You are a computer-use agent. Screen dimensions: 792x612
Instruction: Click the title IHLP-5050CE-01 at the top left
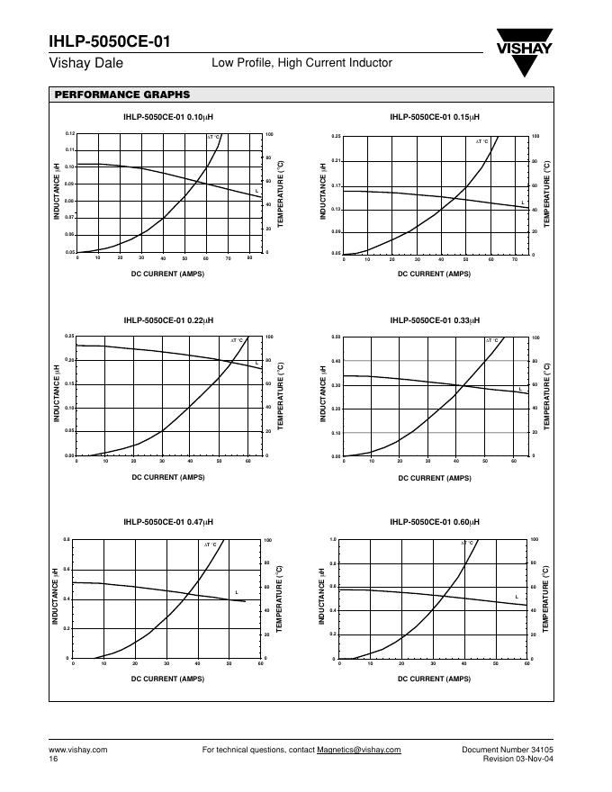pyautogui.click(x=109, y=41)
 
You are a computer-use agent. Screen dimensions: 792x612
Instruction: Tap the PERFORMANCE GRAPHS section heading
pyautogui.click(x=121, y=94)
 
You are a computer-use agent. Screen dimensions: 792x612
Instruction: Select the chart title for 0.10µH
pyautogui.click(x=168, y=117)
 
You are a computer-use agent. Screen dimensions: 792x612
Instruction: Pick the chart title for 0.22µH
pyautogui.click(x=168, y=319)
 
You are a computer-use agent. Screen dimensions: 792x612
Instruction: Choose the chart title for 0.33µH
pyautogui.click(x=435, y=319)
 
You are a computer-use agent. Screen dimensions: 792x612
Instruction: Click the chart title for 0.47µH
pyautogui.click(x=168, y=522)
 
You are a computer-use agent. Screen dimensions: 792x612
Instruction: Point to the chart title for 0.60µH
pyautogui.click(x=435, y=522)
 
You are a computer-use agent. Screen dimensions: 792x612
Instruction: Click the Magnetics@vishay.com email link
pyautogui.click(x=359, y=750)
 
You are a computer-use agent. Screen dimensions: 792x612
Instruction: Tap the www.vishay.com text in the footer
pyautogui.click(x=77, y=750)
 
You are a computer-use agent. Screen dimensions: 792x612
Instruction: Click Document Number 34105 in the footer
pyautogui.click(x=508, y=750)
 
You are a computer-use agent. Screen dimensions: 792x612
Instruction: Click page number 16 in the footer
pyautogui.click(x=53, y=760)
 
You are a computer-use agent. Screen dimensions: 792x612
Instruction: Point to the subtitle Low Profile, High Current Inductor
pyautogui.click(x=301, y=63)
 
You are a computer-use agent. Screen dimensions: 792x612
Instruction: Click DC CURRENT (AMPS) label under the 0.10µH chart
pyautogui.click(x=168, y=273)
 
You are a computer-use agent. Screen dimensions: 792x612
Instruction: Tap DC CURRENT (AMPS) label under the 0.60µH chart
pyautogui.click(x=435, y=678)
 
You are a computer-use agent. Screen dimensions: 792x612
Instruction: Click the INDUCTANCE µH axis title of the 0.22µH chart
pyautogui.click(x=57, y=396)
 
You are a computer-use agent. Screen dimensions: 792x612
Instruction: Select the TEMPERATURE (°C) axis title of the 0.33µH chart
pyautogui.click(x=547, y=396)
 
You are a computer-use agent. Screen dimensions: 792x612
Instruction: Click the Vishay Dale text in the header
pyautogui.click(x=85, y=64)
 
